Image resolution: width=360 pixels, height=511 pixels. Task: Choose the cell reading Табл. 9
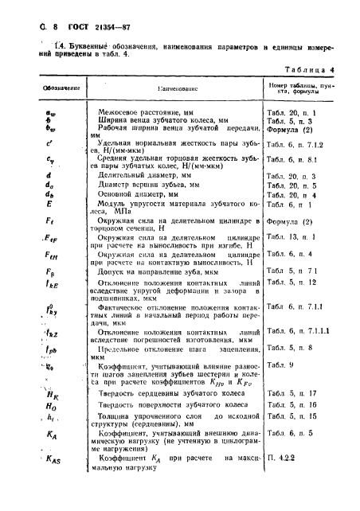[x=278, y=364]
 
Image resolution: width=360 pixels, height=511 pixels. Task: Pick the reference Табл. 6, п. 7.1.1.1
[x=298, y=330]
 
